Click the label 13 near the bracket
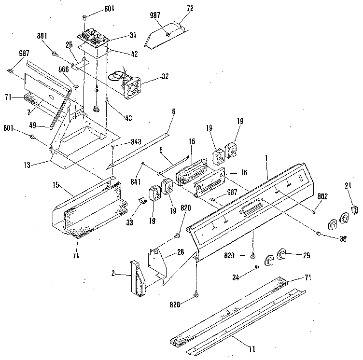[x=27, y=165]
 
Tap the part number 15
[x=57, y=184]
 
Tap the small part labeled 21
[x=356, y=208]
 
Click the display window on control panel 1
[x=248, y=208]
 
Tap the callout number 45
[x=97, y=109]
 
